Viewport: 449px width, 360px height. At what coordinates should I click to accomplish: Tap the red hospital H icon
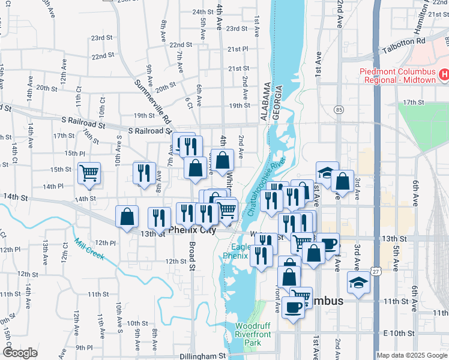pyautogui.click(x=444, y=75)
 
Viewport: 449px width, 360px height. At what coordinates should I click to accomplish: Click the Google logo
pyautogui.click(x=20, y=353)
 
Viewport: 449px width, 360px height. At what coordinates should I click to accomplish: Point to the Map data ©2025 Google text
pyautogui.click(x=412, y=355)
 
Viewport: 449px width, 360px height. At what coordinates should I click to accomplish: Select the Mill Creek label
pyautogui.click(x=89, y=249)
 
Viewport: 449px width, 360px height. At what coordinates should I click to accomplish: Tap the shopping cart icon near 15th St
pyautogui.click(x=89, y=173)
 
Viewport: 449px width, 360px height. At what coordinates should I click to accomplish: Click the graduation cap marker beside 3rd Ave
pyautogui.click(x=358, y=282)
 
